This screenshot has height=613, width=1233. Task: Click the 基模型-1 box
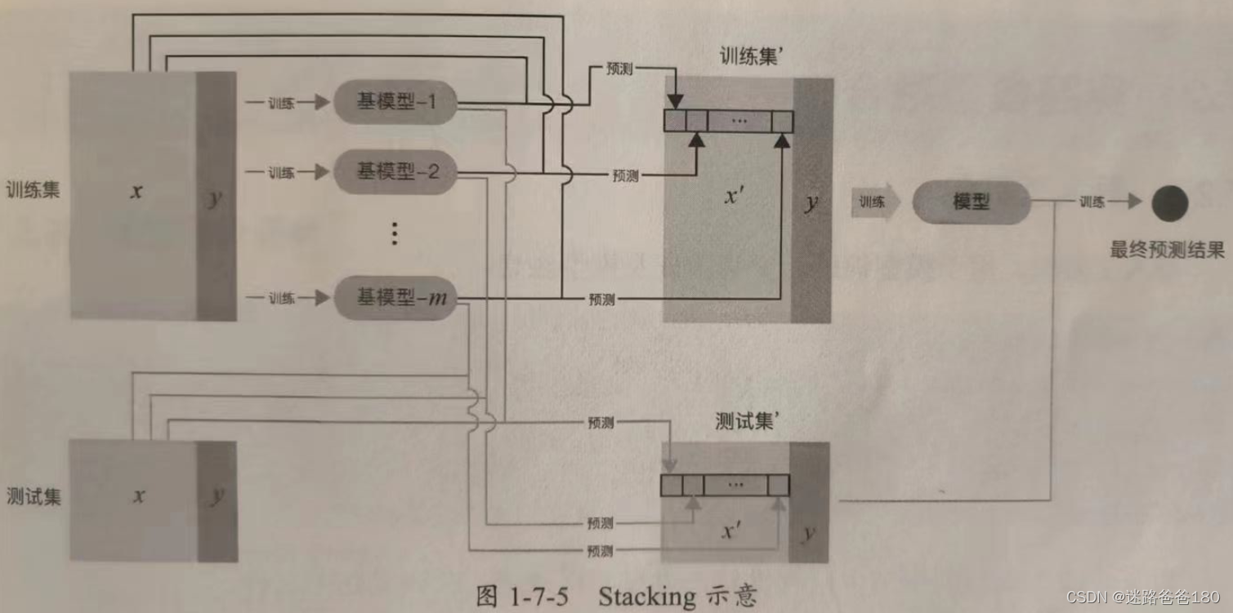[x=395, y=102]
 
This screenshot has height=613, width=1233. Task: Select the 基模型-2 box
[x=395, y=171]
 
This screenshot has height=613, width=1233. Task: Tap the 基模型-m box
[x=395, y=299]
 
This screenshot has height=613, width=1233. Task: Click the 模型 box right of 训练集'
[x=971, y=202]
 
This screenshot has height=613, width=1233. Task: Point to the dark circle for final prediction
[x=1169, y=202]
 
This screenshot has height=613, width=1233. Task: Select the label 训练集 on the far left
[x=33, y=190]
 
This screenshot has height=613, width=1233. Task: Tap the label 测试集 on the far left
[x=33, y=496]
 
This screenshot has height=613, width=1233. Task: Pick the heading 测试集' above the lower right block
[x=745, y=422]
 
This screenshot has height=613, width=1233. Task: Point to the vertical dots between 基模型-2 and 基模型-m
[x=394, y=234]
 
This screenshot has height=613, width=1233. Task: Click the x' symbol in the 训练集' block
[x=735, y=196]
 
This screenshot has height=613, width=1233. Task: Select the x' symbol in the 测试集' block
[x=731, y=531]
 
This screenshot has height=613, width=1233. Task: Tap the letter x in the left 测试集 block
[x=140, y=495]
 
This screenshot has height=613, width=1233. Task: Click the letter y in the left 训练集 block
[x=215, y=198]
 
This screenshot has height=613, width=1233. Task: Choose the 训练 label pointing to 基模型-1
[x=281, y=103]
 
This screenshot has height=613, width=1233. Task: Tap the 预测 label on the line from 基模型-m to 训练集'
[x=601, y=300]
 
